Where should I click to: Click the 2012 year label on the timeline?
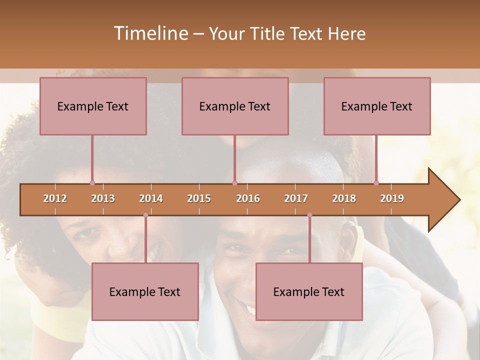pyautogui.click(x=55, y=198)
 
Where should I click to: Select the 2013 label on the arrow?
pyautogui.click(x=103, y=198)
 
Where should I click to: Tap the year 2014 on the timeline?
pyautogui.click(x=151, y=198)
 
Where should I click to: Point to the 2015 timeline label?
pyautogui.click(x=199, y=198)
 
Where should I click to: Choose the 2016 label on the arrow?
pyautogui.click(x=248, y=198)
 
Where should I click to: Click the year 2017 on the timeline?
pyautogui.click(x=296, y=198)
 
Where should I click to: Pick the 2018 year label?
pyautogui.click(x=344, y=198)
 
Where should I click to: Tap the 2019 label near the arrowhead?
pyautogui.click(x=392, y=198)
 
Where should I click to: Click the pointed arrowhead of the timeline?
pyautogui.click(x=445, y=200)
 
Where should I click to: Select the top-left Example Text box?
pyautogui.click(x=93, y=106)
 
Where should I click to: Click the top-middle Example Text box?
pyautogui.click(x=235, y=106)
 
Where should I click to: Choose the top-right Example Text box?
pyautogui.click(x=377, y=106)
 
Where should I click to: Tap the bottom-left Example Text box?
pyautogui.click(x=145, y=291)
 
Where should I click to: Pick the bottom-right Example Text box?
pyautogui.click(x=309, y=291)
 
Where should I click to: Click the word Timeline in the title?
pyautogui.click(x=150, y=33)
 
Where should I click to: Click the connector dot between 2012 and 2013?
pyautogui.click(x=92, y=183)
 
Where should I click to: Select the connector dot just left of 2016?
pyautogui.click(x=234, y=183)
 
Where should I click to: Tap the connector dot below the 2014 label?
pyautogui.click(x=145, y=215)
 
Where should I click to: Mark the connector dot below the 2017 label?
pyautogui.click(x=309, y=215)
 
